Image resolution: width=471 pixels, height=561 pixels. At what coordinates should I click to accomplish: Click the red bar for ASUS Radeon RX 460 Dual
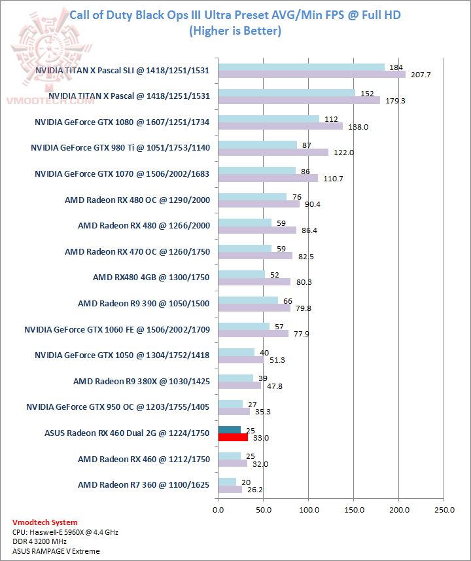(x=233, y=437)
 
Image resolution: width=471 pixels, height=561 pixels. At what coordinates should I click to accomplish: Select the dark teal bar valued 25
(x=229, y=429)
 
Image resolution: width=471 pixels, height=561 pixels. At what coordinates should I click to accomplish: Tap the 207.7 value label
(x=419, y=75)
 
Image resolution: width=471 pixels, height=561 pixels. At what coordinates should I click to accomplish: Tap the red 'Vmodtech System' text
(x=45, y=522)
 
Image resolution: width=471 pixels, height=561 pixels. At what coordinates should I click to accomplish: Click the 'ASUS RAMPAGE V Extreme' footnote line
(x=56, y=551)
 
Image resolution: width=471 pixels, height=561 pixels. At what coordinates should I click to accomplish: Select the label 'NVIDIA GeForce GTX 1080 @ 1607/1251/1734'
(x=122, y=122)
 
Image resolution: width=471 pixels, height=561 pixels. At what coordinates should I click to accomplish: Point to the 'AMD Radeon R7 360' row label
(x=144, y=485)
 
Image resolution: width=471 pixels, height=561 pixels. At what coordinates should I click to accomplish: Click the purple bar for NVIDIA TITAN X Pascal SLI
(x=312, y=74)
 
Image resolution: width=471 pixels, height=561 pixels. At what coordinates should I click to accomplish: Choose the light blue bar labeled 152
(x=287, y=92)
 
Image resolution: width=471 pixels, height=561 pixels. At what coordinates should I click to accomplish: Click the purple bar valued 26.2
(x=230, y=489)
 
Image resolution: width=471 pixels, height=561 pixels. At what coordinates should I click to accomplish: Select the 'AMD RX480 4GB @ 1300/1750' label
(x=151, y=278)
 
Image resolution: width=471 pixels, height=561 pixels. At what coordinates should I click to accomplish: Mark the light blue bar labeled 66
(x=248, y=300)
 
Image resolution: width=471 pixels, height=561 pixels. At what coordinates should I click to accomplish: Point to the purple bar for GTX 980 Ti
(x=273, y=152)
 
